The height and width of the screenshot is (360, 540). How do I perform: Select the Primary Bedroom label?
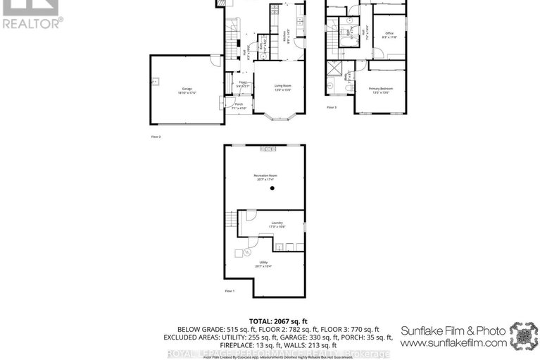380,89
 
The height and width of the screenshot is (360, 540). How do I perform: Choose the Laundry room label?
277,223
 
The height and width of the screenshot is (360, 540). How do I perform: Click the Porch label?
239,106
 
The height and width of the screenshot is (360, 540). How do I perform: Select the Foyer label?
240,84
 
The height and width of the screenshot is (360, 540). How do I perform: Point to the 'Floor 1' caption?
229,291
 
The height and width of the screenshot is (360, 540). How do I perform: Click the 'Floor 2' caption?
156,137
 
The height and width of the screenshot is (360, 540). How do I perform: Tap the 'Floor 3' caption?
331,107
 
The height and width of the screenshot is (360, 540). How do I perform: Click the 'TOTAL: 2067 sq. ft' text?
270,321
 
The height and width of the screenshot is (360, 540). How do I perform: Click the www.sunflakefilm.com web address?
453,342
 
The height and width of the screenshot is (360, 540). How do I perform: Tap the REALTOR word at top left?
32,22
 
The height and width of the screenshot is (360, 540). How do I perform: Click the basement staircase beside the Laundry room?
230,226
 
